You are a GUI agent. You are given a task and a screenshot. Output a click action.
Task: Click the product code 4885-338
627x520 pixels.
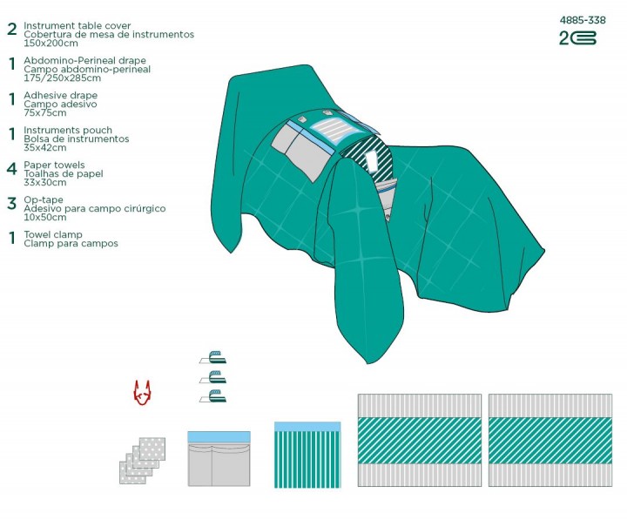pyautogui.click(x=583, y=20)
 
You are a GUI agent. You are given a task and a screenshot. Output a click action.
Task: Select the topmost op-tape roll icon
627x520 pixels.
pyautogui.click(x=213, y=357)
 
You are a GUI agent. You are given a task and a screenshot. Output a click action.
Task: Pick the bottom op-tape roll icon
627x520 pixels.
pyautogui.click(x=213, y=396)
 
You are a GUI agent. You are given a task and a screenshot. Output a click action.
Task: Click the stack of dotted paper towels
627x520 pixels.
pyautogui.click(x=142, y=461)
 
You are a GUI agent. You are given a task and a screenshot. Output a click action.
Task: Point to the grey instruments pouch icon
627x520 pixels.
pyautogui.click(x=219, y=459)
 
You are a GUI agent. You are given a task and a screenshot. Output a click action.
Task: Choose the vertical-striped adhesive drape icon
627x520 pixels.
pyautogui.click(x=307, y=455)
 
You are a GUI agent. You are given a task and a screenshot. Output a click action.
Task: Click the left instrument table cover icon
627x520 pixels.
pyautogui.click(x=420, y=441)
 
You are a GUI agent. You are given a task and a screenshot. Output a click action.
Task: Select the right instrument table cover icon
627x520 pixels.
pyautogui.click(x=550, y=441)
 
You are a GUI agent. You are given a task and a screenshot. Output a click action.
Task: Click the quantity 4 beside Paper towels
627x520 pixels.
pyautogui.click(x=12, y=169)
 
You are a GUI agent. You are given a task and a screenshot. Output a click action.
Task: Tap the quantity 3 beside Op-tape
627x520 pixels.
pyautogui.click(x=12, y=203)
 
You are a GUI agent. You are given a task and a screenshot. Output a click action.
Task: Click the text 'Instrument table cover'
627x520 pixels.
pyautogui.click(x=78, y=25)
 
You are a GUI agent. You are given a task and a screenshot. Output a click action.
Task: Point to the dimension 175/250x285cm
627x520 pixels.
pyautogui.click(x=63, y=78)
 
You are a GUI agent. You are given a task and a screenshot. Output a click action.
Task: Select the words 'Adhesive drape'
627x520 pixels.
pyautogui.click(x=61, y=95)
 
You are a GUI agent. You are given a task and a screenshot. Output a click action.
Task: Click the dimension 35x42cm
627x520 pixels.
pyautogui.click(x=45, y=147)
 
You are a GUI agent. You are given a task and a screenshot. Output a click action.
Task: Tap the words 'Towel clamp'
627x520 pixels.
pyautogui.click(x=53, y=234)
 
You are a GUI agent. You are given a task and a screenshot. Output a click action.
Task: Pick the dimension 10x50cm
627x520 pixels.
pyautogui.click(x=45, y=217)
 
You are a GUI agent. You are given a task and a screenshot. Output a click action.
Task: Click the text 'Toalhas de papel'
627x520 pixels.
pyautogui.click(x=64, y=173)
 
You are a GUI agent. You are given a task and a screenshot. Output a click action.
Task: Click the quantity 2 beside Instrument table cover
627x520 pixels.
pyautogui.click(x=12, y=30)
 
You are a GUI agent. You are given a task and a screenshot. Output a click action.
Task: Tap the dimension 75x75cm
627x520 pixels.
pyautogui.click(x=45, y=113)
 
